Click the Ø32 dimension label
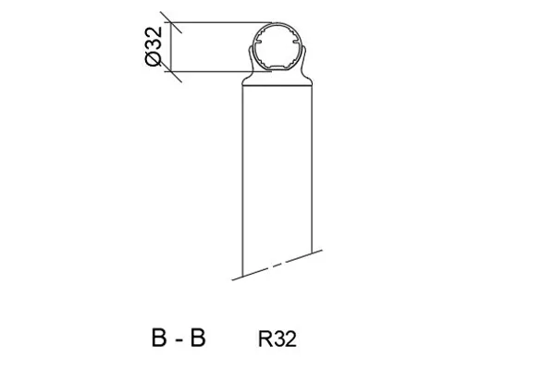point(154,46)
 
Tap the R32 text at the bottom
point(277,339)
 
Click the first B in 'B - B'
point(159,338)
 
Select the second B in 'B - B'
point(198,338)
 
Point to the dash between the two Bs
point(179,340)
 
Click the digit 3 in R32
point(278,339)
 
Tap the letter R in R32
point(265,339)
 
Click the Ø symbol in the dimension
point(154,59)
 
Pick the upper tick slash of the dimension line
point(171,22)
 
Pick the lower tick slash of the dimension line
point(171,71)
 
